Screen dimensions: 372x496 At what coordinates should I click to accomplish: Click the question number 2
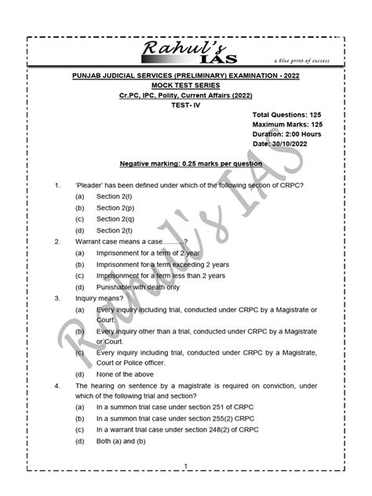(57, 243)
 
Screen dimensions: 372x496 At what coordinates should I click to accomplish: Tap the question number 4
(57, 387)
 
